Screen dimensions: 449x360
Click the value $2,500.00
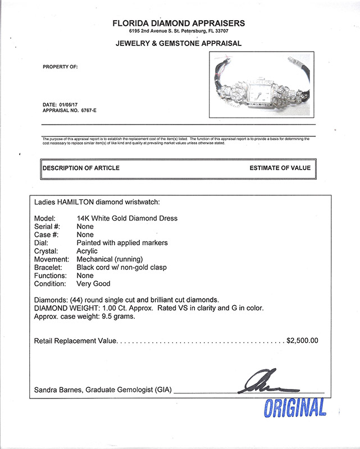coord(302,340)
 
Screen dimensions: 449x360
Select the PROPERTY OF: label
coord(60,67)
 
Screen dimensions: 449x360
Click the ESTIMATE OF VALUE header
coord(280,168)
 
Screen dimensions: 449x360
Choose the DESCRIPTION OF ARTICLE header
coord(81,168)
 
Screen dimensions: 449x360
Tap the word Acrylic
coord(87,251)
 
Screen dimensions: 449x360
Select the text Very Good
coord(94,284)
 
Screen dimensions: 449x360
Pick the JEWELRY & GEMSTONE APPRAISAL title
coord(179,43)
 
